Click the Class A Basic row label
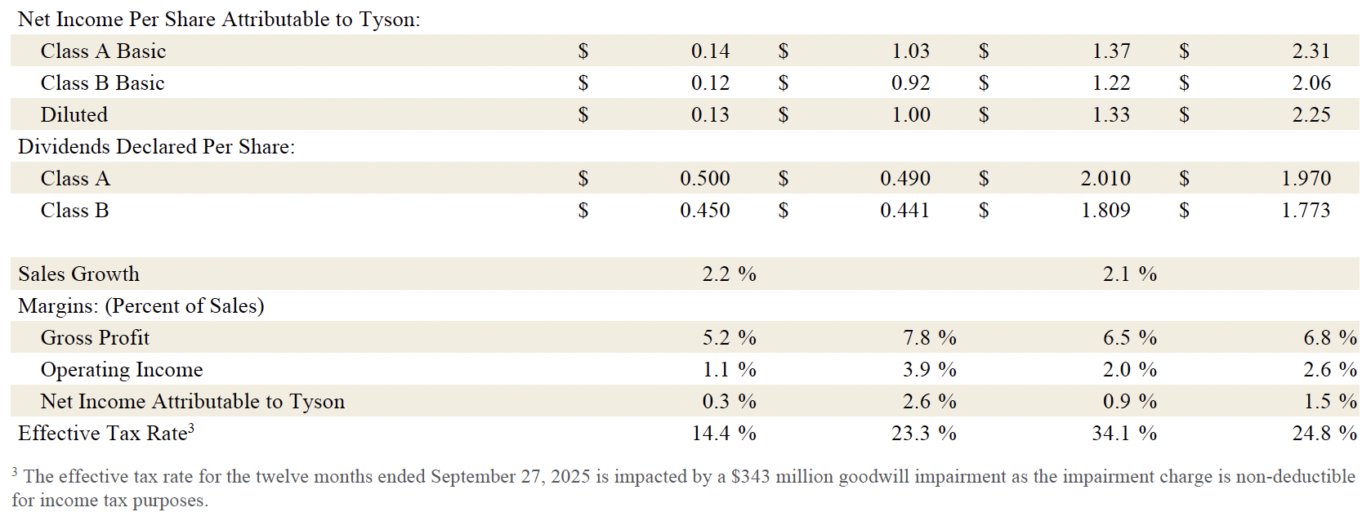tap(103, 51)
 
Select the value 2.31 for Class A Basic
tap(1311, 51)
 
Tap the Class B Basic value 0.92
tap(910, 83)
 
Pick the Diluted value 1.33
tap(1111, 115)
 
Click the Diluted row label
tap(74, 115)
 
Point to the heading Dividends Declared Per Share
tap(156, 147)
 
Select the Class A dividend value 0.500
tap(704, 179)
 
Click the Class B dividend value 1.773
tap(1306, 211)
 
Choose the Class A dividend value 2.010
tap(1105, 179)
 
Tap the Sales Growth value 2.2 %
tap(729, 274)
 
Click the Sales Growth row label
tap(78, 274)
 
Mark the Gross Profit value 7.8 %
tap(929, 338)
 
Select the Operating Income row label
tap(122, 370)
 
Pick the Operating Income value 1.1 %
tap(729, 370)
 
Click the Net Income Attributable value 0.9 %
tap(1129, 402)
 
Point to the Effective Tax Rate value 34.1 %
tap(1124, 434)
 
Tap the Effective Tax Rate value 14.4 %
tap(724, 434)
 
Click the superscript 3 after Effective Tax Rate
tap(191, 428)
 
